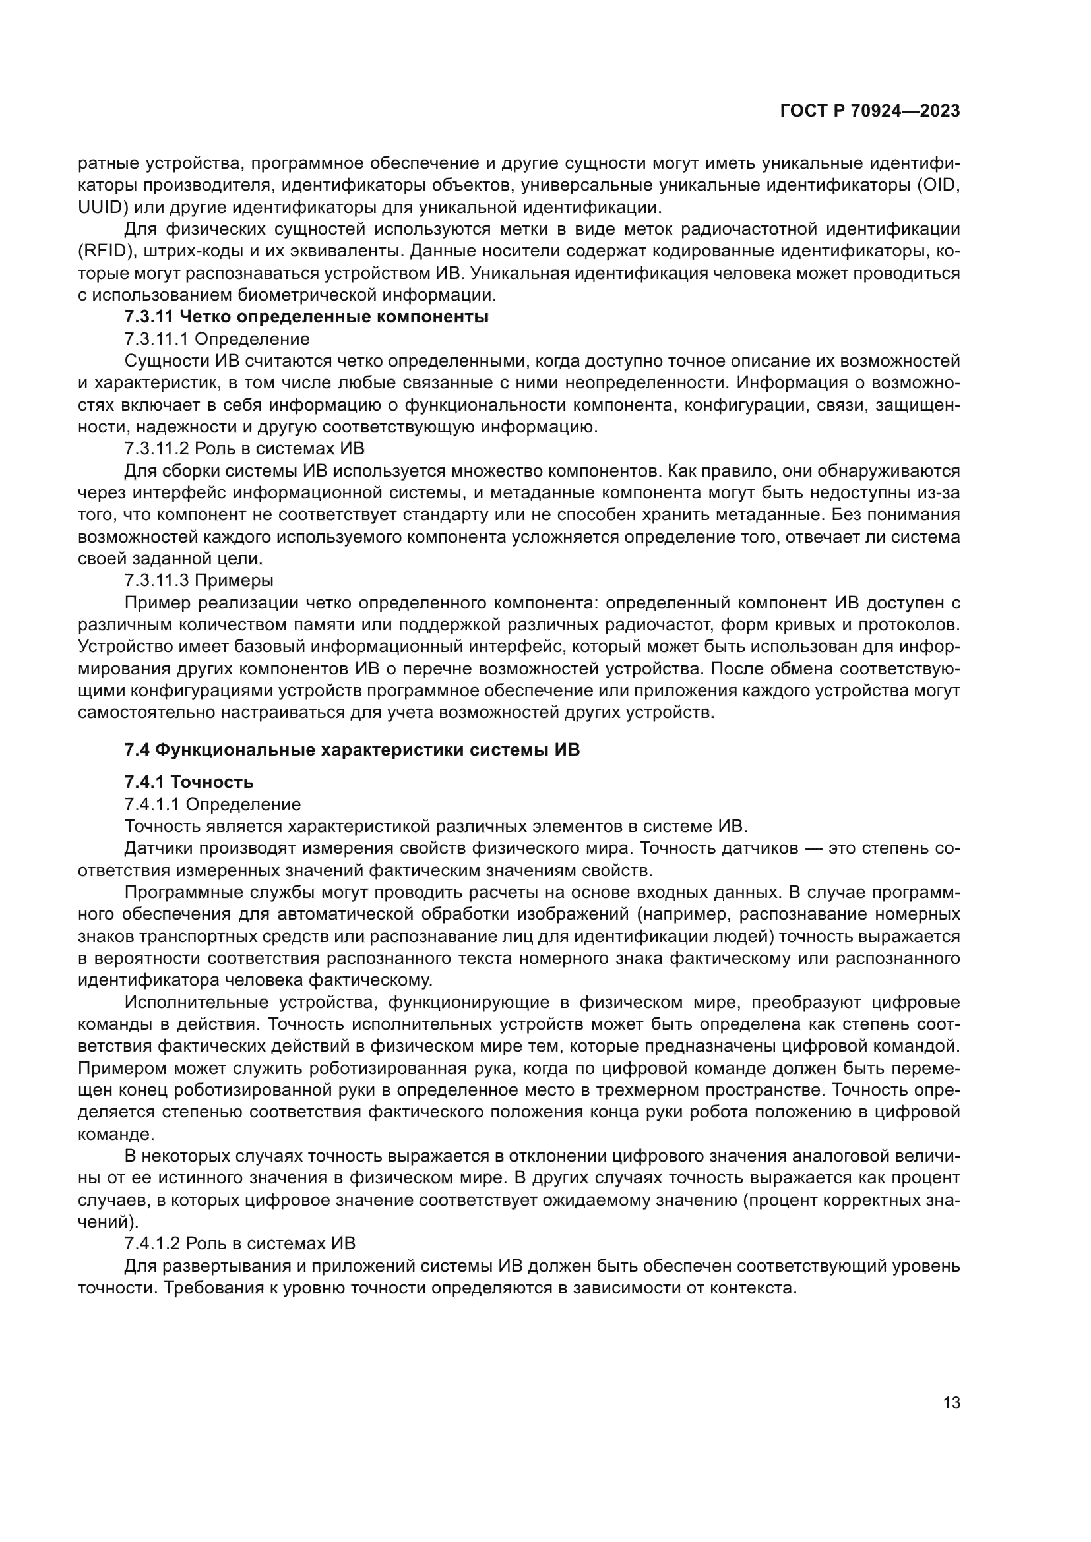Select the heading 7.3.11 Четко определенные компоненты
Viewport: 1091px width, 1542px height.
pyautogui.click(x=306, y=317)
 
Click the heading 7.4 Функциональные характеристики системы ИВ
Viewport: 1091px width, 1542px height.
pyautogui.click(x=352, y=750)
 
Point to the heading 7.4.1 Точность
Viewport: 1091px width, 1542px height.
pyautogui.click(x=189, y=782)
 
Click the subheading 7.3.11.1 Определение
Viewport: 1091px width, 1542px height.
pyautogui.click(x=217, y=339)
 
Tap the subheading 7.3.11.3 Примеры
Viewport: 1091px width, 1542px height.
pyautogui.click(x=199, y=579)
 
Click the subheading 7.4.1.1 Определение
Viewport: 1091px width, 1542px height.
pyautogui.click(x=212, y=804)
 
